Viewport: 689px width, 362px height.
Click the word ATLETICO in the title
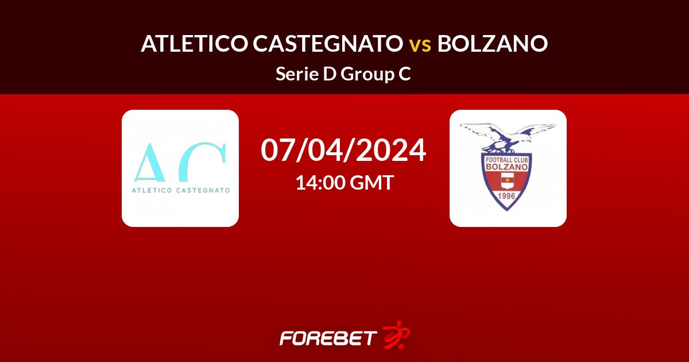point(195,44)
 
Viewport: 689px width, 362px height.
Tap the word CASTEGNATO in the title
point(328,44)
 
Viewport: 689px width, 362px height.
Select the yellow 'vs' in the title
point(420,45)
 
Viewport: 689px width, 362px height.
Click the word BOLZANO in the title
point(493,44)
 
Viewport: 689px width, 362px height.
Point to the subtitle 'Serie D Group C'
point(343,74)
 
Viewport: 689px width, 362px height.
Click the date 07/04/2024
point(343,150)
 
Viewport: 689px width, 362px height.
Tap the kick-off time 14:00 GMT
point(344,182)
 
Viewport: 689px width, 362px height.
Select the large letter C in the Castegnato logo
point(203,162)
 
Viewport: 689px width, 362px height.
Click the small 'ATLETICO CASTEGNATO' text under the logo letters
point(181,190)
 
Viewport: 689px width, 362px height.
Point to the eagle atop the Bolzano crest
point(508,138)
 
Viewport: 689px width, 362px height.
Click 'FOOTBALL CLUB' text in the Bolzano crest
point(506,160)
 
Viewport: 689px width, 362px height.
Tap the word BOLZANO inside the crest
point(506,167)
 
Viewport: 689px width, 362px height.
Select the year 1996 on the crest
point(506,196)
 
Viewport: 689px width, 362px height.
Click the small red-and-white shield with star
point(506,180)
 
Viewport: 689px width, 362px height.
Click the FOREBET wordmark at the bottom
point(328,338)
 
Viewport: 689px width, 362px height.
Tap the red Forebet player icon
point(396,335)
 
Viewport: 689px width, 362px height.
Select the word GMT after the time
point(371,182)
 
